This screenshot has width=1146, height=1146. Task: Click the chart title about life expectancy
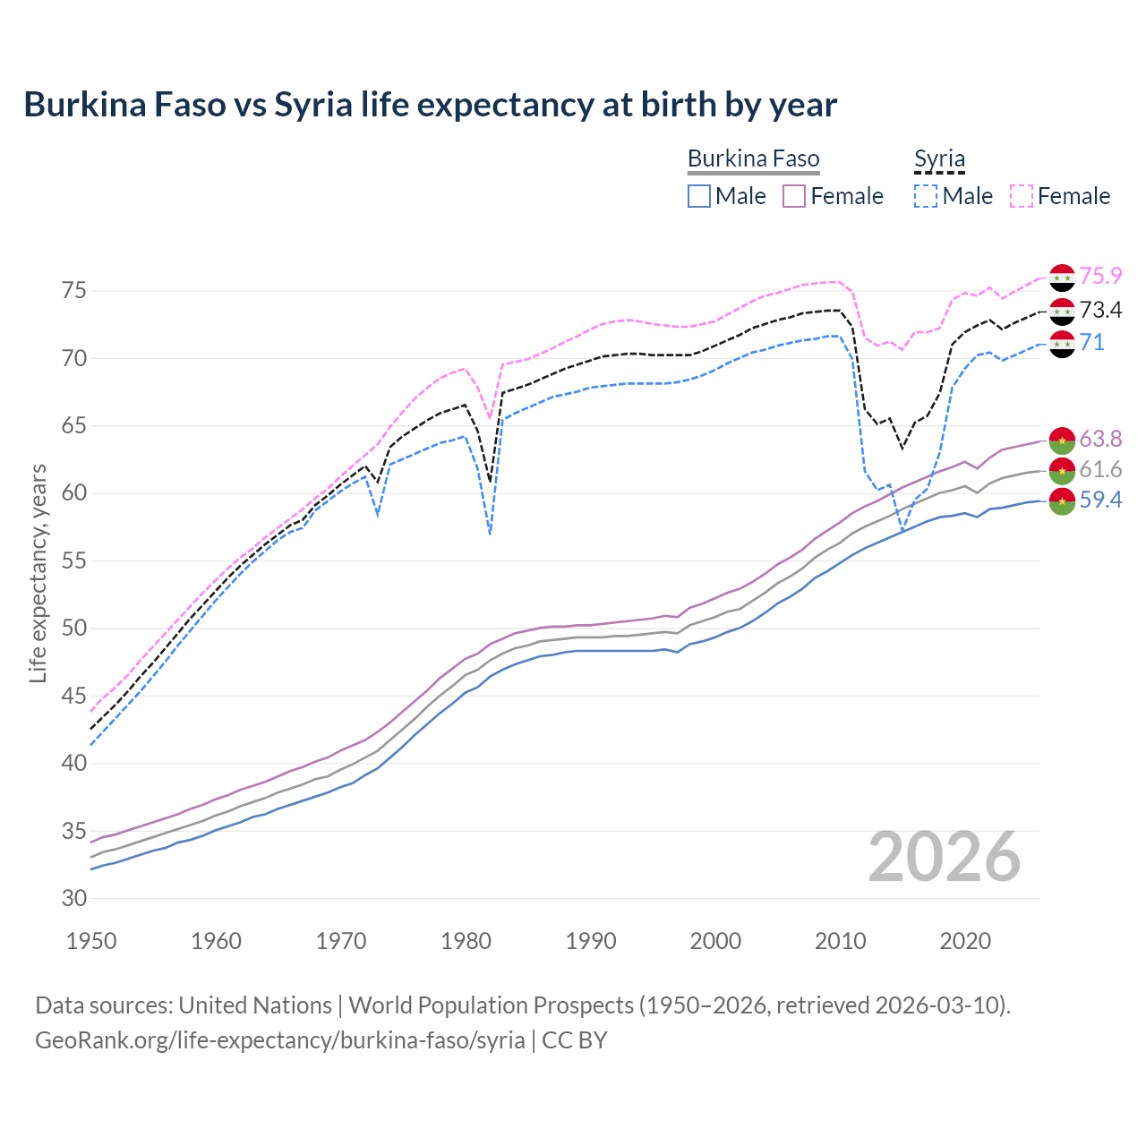[x=430, y=105]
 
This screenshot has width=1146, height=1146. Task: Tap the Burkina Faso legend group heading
[x=753, y=159]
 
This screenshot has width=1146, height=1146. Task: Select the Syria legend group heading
[x=939, y=159]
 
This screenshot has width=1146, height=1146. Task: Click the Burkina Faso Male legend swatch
[x=699, y=196]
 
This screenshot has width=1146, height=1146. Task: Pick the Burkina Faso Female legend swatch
[x=794, y=196]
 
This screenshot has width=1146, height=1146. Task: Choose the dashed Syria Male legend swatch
[x=926, y=196]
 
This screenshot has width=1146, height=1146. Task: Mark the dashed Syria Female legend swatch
[x=1022, y=196]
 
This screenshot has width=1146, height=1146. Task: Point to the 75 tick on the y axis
[x=74, y=291]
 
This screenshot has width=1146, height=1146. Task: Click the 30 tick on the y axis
[x=74, y=898]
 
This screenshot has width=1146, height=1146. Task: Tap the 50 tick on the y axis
[x=74, y=629]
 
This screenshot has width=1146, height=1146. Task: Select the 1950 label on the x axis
[x=91, y=941]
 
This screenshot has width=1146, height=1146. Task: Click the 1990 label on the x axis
[x=591, y=941]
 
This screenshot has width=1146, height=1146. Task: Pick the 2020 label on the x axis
[x=965, y=941]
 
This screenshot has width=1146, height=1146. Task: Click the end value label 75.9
[x=1100, y=277]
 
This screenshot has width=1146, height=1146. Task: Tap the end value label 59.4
[x=1100, y=500]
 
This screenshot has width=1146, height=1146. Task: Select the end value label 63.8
[x=1100, y=439]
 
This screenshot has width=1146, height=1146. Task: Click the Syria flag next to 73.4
[x=1062, y=312]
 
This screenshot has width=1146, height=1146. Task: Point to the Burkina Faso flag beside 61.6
[x=1062, y=470]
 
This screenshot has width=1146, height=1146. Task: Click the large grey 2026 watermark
[x=945, y=857]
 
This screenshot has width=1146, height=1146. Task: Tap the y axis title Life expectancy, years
[x=38, y=573]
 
